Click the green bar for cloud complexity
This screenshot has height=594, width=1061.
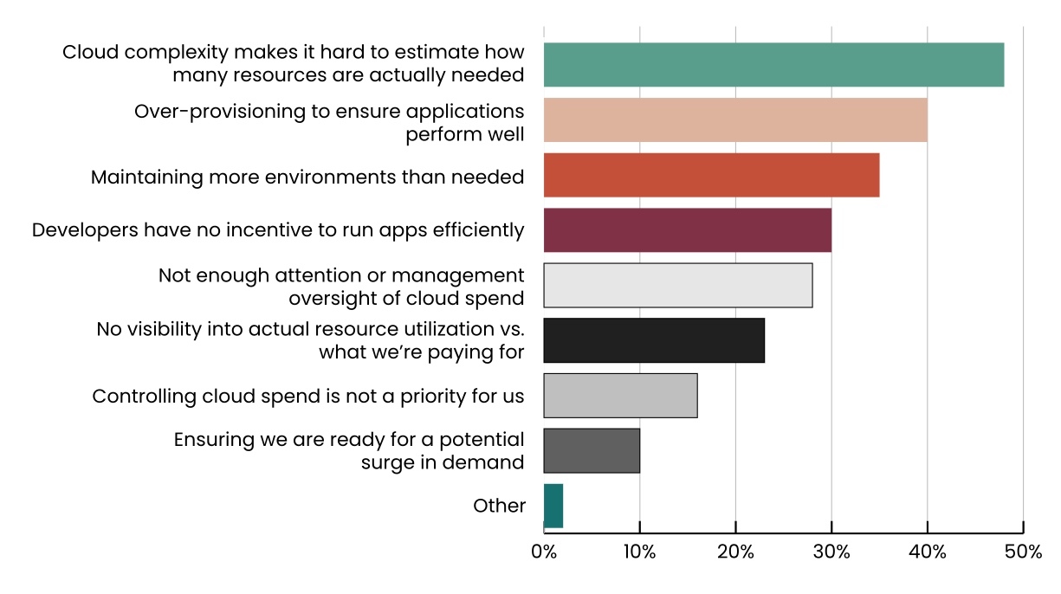773,65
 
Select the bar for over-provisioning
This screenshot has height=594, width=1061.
735,120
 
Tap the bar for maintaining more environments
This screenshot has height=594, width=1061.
711,175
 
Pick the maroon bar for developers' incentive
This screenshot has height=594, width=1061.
687,230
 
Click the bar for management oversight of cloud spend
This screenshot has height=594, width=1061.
677,285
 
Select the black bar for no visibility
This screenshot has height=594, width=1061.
654,340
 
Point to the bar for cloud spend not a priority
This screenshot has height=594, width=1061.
620,396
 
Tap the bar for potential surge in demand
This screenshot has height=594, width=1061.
592,450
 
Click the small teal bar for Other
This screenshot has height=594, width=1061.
553,506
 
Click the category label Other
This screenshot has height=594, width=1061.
499,507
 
